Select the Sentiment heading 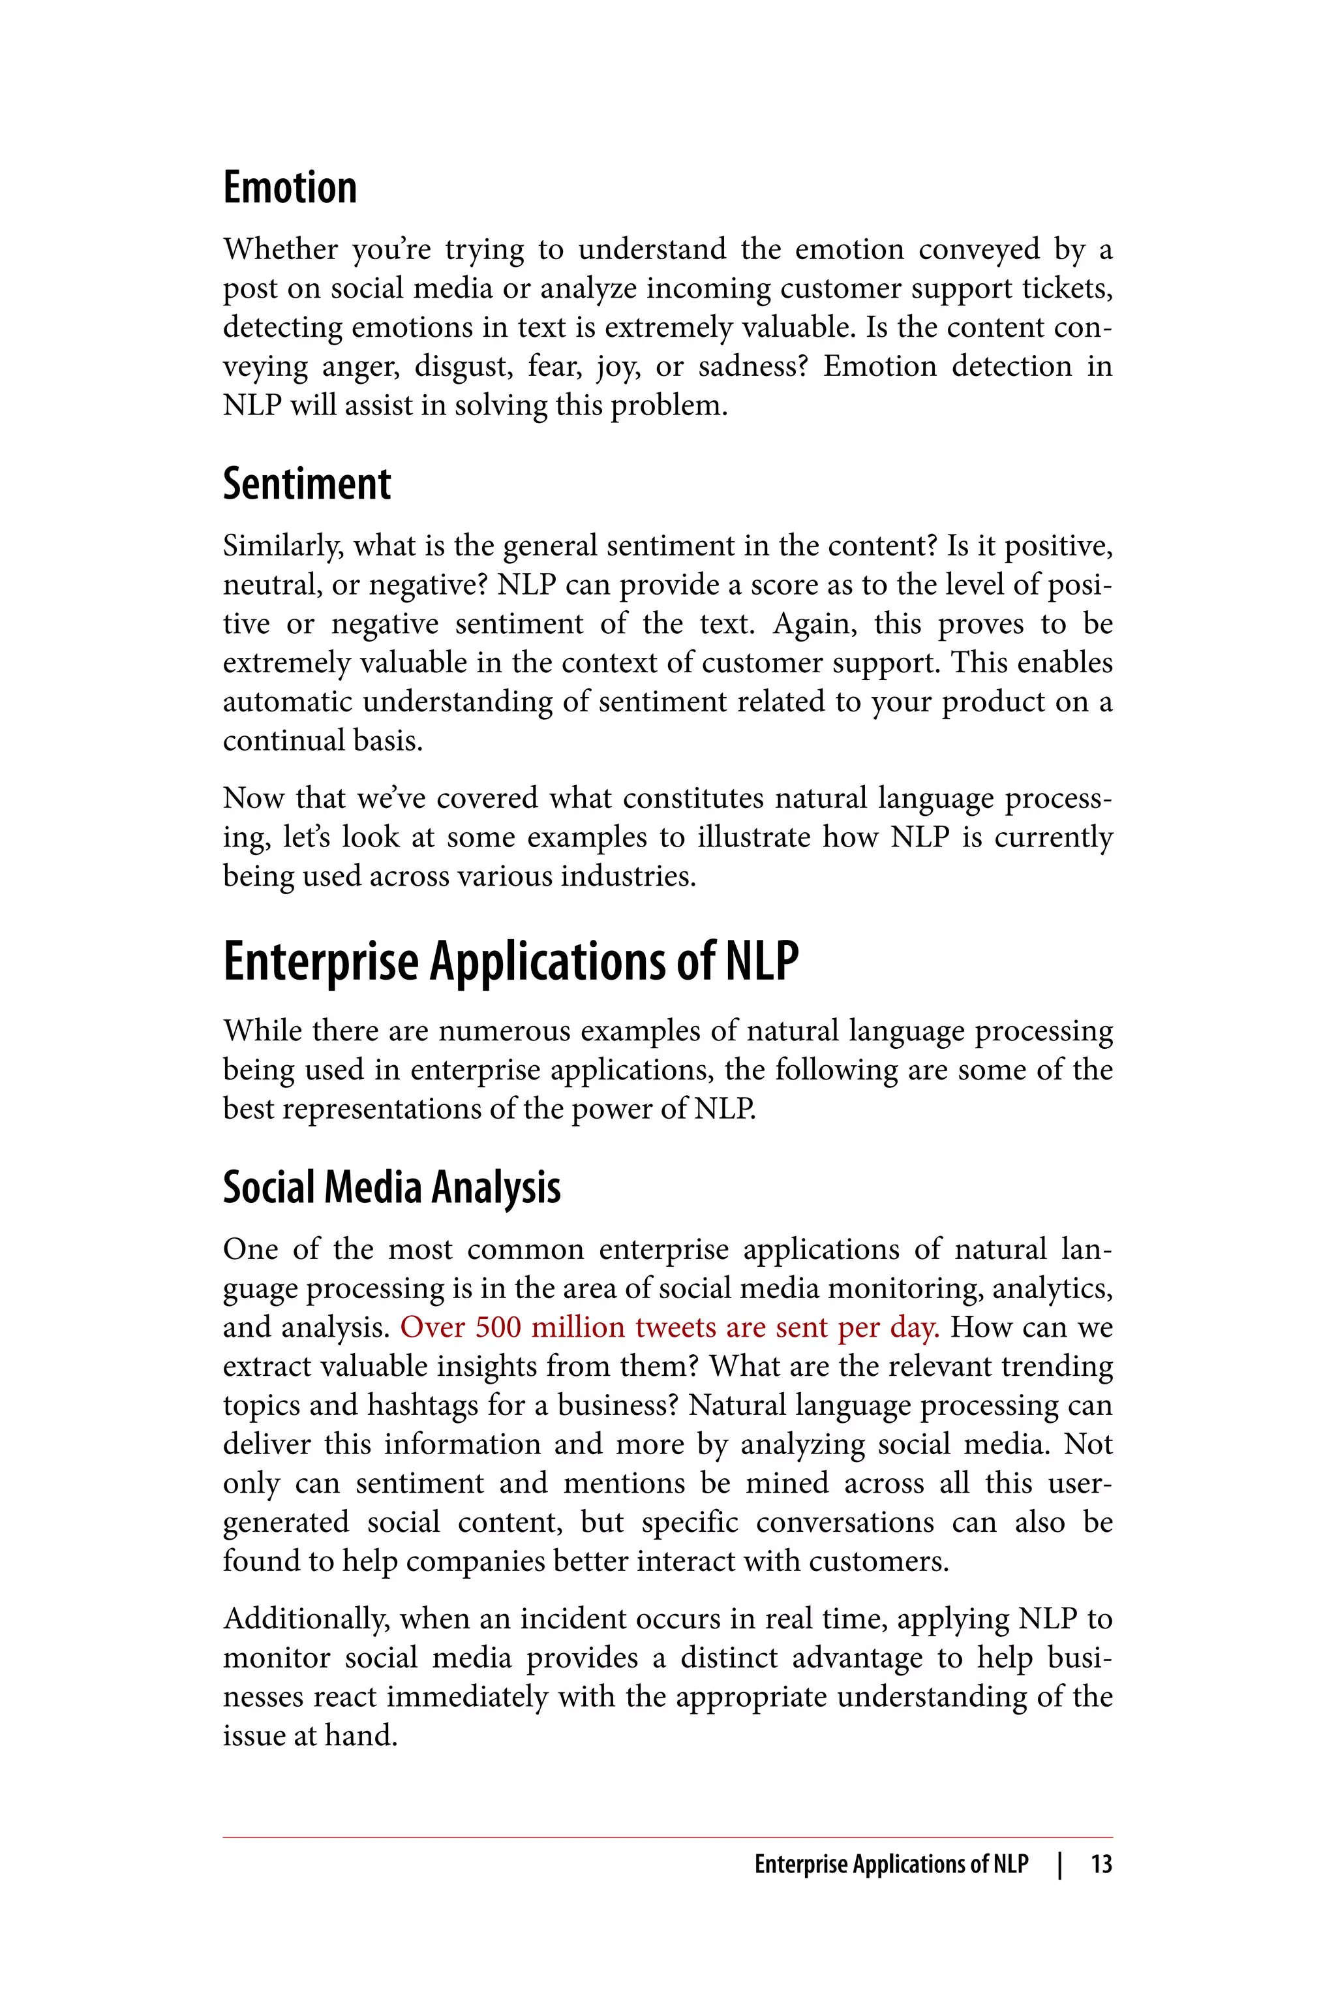(307, 484)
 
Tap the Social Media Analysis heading (392, 1187)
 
